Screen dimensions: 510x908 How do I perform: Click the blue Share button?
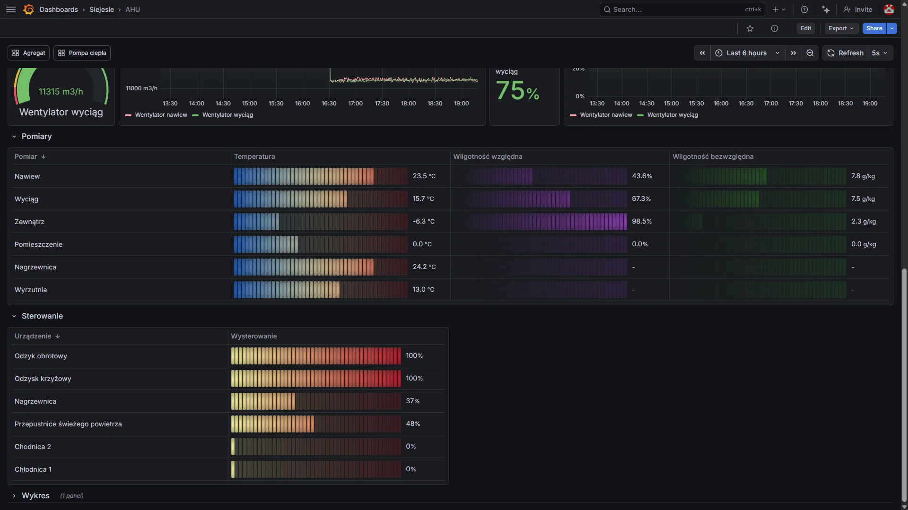(874, 28)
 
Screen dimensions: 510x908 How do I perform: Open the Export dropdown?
(841, 28)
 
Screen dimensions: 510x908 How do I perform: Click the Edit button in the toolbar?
(806, 28)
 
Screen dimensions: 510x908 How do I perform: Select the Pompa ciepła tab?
(82, 53)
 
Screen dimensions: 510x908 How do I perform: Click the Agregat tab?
(28, 53)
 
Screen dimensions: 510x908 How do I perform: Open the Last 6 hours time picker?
(747, 53)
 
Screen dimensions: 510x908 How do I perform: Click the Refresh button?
(846, 53)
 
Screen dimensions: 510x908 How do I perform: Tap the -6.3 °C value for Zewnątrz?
(423, 222)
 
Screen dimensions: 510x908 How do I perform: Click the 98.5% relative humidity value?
(642, 222)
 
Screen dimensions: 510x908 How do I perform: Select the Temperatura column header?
(254, 156)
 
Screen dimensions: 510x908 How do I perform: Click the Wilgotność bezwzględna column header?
(713, 156)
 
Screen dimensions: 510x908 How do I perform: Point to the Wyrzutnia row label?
(31, 290)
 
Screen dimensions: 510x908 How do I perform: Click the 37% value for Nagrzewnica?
(412, 401)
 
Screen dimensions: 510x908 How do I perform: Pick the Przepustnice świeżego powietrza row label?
(68, 424)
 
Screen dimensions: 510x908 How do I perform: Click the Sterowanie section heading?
(42, 316)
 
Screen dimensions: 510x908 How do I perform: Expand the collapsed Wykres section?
(35, 495)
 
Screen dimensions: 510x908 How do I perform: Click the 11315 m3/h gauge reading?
(61, 92)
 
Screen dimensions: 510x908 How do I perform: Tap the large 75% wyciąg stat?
(517, 91)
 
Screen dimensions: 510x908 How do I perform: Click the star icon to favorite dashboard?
(750, 28)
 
